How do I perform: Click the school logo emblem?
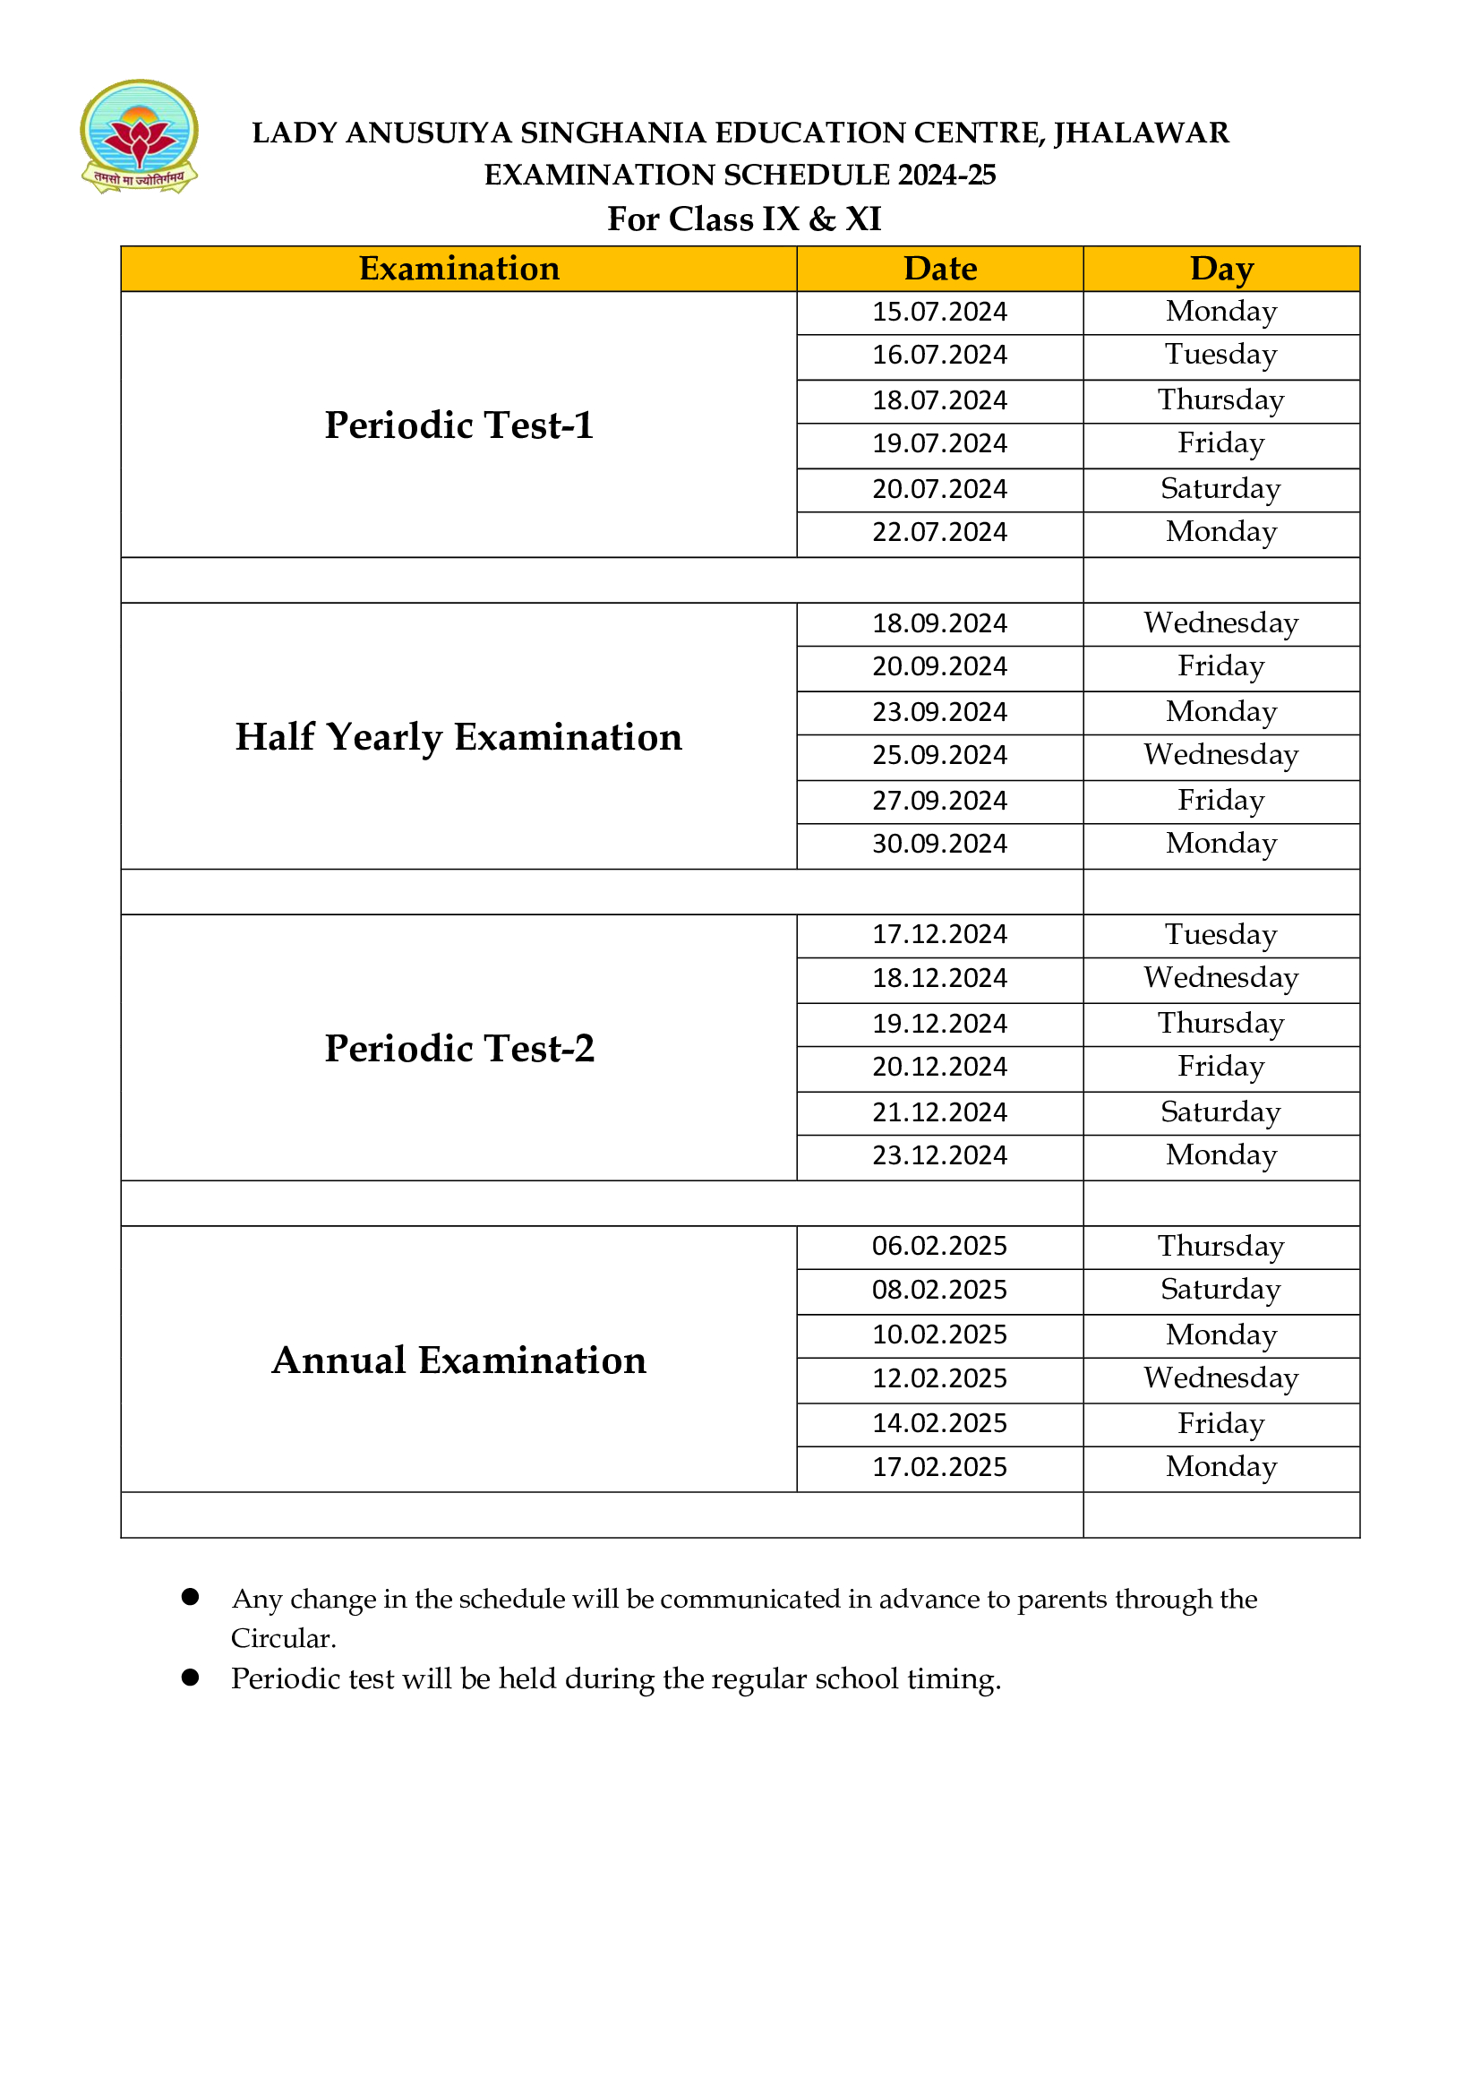coord(139,136)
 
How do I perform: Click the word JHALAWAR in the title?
coord(1141,133)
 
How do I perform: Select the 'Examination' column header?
coord(458,269)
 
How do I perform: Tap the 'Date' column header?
coord(939,269)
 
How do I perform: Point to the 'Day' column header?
coord(1221,269)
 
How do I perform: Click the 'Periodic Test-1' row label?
coord(458,425)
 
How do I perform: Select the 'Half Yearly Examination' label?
coord(458,737)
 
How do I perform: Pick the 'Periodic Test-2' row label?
coord(458,1049)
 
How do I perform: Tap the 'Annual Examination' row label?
coord(458,1360)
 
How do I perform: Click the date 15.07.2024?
coord(939,312)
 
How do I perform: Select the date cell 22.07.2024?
coord(939,533)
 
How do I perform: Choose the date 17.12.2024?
coord(939,935)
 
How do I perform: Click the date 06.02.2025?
coord(939,1247)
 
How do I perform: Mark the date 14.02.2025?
coord(939,1424)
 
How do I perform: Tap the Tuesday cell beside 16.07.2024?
coord(1221,355)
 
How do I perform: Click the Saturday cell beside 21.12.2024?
coord(1221,1112)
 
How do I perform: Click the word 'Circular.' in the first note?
coord(284,1639)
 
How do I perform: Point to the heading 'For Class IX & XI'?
coord(744,219)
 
